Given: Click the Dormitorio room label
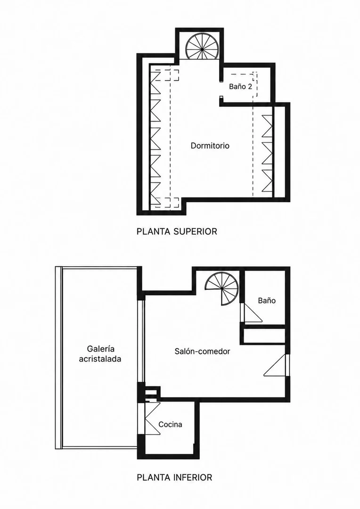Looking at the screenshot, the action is pyautogui.click(x=210, y=146).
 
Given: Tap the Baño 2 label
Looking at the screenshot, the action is pyautogui.click(x=240, y=87).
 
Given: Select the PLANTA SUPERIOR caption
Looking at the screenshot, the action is pyautogui.click(x=177, y=231).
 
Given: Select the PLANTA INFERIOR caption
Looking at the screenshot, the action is pyautogui.click(x=174, y=477).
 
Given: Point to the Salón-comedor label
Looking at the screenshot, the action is pyautogui.click(x=202, y=351).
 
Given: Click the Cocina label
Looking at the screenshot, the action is pyautogui.click(x=170, y=424).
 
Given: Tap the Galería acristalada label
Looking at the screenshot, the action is pyautogui.click(x=100, y=354).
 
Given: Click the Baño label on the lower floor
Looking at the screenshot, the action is pyautogui.click(x=267, y=301).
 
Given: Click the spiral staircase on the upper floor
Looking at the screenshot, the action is pyautogui.click(x=202, y=49).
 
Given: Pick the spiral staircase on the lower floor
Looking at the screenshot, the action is pyautogui.click(x=223, y=287).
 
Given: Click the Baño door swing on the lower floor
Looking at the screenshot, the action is pyautogui.click(x=253, y=312).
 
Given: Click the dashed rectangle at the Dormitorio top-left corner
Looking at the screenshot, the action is pyautogui.click(x=166, y=75).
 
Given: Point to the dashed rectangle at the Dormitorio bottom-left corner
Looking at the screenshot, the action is pyautogui.click(x=166, y=203).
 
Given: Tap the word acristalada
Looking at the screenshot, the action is pyautogui.click(x=100, y=359).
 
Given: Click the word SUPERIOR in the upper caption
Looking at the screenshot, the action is pyautogui.click(x=195, y=231).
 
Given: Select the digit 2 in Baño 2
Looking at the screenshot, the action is pyautogui.click(x=250, y=87).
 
